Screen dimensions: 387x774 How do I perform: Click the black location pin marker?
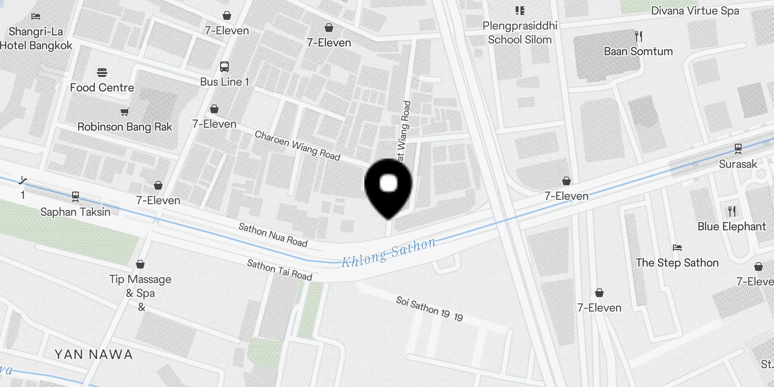click(x=388, y=186)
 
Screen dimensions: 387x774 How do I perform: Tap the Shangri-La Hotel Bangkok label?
click(x=36, y=39)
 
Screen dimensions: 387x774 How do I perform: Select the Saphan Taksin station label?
click(x=75, y=212)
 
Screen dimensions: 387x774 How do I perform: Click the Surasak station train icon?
click(x=738, y=149)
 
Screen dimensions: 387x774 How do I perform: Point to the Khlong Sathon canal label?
click(x=388, y=253)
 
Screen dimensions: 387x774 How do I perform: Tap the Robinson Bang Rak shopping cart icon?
click(x=124, y=112)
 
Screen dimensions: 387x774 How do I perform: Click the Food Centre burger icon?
click(x=102, y=73)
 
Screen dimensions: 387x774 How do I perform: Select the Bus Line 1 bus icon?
click(x=224, y=67)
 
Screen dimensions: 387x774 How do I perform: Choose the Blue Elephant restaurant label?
click(x=731, y=226)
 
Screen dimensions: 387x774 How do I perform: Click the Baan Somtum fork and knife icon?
click(x=639, y=36)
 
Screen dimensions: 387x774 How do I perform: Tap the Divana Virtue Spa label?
click(x=695, y=11)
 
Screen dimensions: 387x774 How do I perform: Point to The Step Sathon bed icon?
click(x=677, y=248)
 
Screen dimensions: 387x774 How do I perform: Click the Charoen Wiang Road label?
click(x=298, y=146)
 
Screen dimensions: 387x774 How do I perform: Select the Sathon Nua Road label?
click(x=273, y=235)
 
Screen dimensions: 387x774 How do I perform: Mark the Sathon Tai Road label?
click(x=280, y=270)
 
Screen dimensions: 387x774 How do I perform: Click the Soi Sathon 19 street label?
click(x=429, y=309)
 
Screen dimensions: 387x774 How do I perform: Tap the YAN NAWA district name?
click(x=93, y=355)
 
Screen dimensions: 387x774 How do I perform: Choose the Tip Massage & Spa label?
click(x=140, y=286)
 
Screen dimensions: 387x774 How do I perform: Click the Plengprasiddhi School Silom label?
click(x=520, y=32)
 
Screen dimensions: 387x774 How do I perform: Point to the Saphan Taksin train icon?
click(x=75, y=196)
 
